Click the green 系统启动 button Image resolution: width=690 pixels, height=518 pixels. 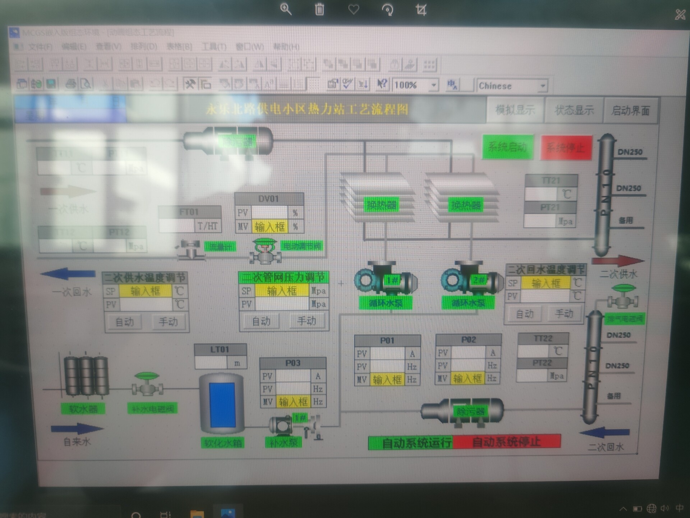pyautogui.click(x=507, y=147)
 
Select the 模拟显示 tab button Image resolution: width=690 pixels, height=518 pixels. pyautogui.click(x=515, y=110)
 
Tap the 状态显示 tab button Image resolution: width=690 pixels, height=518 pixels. pyautogui.click(x=574, y=110)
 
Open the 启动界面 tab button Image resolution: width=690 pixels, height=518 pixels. pyautogui.click(x=630, y=110)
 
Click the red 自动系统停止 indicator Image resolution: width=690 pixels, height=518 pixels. pyautogui.click(x=506, y=442)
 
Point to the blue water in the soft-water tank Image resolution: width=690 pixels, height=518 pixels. pyautogui.click(x=222, y=405)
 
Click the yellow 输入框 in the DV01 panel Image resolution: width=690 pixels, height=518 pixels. pyautogui.click(x=270, y=227)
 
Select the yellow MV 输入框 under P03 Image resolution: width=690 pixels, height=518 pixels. pyautogui.click(x=293, y=401)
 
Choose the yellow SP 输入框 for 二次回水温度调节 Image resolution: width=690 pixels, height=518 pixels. pyautogui.click(x=545, y=283)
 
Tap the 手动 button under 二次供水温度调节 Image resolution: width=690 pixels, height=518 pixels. pyautogui.click(x=168, y=322)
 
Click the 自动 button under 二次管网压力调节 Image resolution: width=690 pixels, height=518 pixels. pyautogui.click(x=261, y=321)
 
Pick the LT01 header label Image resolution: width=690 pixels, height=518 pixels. pyautogui.click(x=220, y=349)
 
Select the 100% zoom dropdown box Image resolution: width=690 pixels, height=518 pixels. pyautogui.click(x=415, y=85)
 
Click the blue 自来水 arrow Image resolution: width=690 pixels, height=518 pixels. pyautogui.click(x=77, y=428)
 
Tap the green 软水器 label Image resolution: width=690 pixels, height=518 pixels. pyautogui.click(x=83, y=409)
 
